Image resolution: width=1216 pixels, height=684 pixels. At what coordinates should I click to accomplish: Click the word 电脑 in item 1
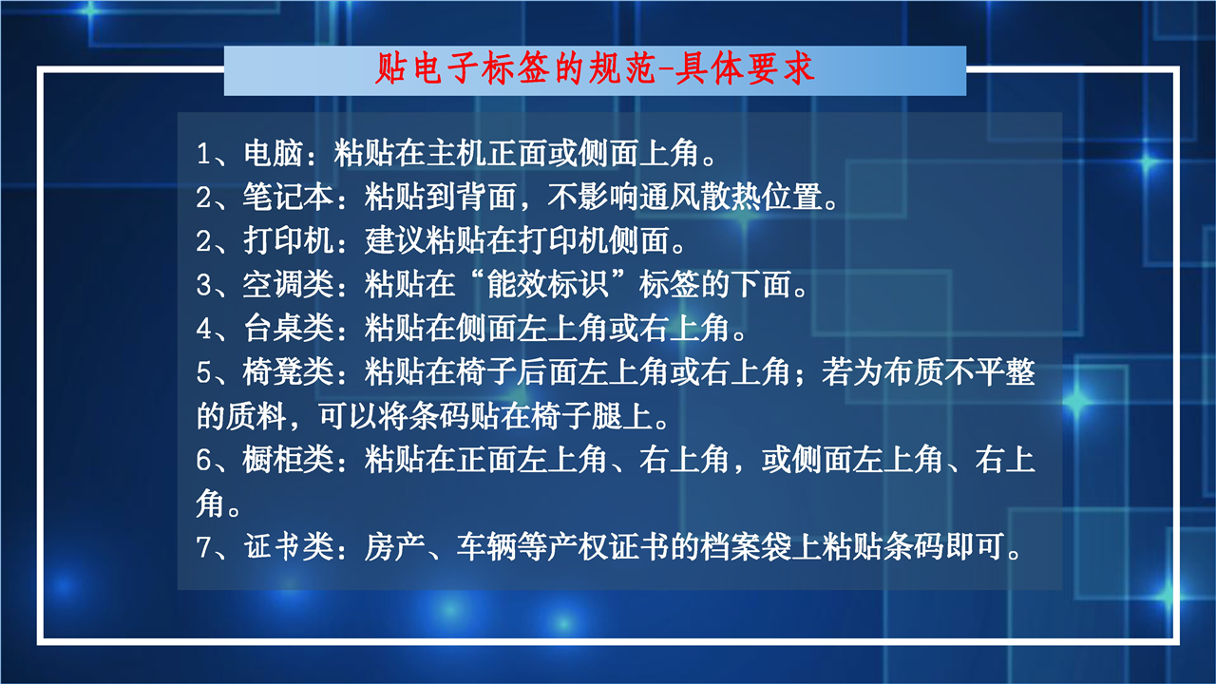tap(273, 153)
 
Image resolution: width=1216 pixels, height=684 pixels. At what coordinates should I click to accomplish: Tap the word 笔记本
tap(288, 197)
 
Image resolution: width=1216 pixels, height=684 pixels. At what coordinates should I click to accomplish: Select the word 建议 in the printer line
tap(394, 240)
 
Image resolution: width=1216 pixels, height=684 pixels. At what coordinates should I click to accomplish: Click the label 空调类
tap(288, 284)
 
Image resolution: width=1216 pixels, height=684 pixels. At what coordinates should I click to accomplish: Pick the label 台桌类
tap(288, 328)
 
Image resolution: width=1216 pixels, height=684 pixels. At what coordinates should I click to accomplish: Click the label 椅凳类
tap(288, 371)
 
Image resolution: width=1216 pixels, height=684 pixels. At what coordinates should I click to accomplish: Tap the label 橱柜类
tap(288, 459)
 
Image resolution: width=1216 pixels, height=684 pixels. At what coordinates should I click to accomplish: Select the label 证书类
tap(288, 546)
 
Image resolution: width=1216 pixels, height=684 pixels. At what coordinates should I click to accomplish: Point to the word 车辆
tap(486, 546)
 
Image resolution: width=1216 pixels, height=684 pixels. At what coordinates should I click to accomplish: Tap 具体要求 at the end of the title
tap(745, 69)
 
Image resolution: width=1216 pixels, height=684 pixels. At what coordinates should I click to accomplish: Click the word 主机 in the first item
tap(456, 153)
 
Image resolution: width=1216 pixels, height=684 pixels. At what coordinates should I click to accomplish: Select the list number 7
tap(204, 547)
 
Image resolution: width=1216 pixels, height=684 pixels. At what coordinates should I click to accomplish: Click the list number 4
tap(204, 329)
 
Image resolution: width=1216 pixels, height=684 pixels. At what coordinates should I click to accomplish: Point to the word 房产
tap(394, 546)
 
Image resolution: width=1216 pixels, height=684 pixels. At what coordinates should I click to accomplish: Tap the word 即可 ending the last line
tap(974, 546)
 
